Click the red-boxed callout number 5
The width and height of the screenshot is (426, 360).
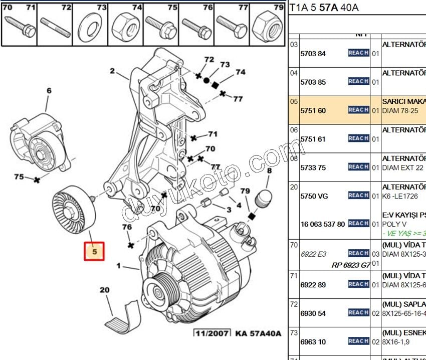(x=94, y=251)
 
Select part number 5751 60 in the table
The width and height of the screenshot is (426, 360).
(x=313, y=110)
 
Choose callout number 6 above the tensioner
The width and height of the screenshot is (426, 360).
(x=49, y=91)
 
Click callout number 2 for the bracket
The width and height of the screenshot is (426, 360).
(x=113, y=71)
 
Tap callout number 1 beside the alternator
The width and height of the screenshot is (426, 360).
(x=119, y=265)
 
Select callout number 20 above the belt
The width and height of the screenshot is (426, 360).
(x=104, y=290)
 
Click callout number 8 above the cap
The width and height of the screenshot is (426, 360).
(x=269, y=171)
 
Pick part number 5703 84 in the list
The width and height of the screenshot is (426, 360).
(x=313, y=54)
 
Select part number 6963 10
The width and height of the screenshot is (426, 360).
(x=313, y=342)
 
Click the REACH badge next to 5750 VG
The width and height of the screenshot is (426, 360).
(x=359, y=196)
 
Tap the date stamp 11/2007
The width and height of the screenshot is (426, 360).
(x=212, y=333)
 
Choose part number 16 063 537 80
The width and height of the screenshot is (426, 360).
(x=322, y=224)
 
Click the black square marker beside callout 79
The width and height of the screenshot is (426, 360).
(x=252, y=216)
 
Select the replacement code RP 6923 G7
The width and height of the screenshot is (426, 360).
(x=351, y=265)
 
